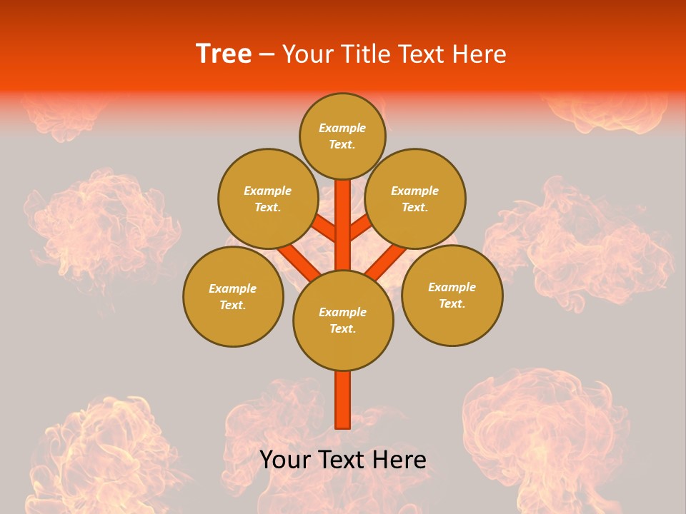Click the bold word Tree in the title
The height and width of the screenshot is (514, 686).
click(x=224, y=54)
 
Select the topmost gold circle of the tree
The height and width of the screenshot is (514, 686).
click(x=342, y=136)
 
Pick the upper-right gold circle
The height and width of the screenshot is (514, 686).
click(x=415, y=198)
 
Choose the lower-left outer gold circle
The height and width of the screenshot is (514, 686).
click(x=233, y=296)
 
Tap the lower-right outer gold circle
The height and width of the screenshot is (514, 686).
click(x=452, y=295)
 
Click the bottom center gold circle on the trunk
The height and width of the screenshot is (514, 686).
click(x=343, y=320)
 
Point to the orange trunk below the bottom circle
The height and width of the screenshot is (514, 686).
click(x=343, y=400)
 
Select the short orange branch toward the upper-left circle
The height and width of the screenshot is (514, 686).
click(x=324, y=228)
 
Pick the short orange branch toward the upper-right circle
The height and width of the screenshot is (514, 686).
click(x=362, y=228)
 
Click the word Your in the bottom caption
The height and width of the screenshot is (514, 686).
click(x=284, y=460)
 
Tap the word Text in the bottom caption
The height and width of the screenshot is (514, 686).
click(x=342, y=460)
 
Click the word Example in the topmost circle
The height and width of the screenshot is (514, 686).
click(x=342, y=128)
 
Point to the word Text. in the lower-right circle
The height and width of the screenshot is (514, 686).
click(x=452, y=303)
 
